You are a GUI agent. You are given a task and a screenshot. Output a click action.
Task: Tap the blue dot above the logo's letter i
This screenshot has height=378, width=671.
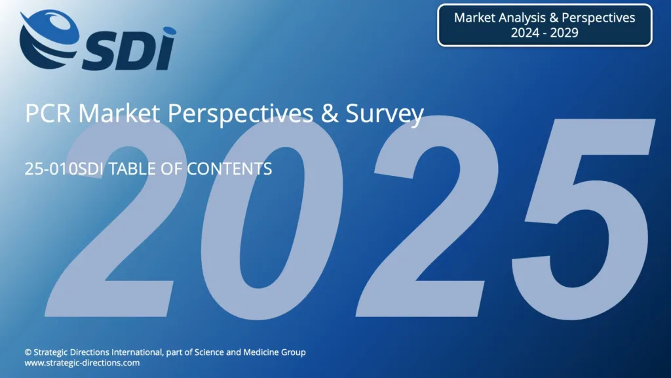pyautogui.click(x=169, y=31)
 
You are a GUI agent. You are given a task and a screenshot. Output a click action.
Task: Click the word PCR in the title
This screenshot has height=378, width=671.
pyautogui.click(x=48, y=113)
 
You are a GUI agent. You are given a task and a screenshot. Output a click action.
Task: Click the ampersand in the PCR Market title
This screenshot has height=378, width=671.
pyautogui.click(x=330, y=114)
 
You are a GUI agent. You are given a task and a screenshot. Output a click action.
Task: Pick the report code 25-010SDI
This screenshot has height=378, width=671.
pyautogui.click(x=64, y=169)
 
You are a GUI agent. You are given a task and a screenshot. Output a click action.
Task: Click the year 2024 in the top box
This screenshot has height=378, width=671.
pyautogui.click(x=525, y=33)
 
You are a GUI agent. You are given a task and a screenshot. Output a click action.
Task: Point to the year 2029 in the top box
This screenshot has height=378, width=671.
pyautogui.click(x=564, y=33)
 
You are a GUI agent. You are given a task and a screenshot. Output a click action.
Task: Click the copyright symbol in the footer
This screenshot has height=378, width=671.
pyautogui.click(x=28, y=352)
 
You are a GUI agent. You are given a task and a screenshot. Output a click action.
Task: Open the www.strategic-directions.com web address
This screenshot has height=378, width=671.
pyautogui.click(x=82, y=363)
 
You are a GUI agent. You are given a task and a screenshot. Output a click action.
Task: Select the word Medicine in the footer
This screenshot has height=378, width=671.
pyautogui.click(x=261, y=352)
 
